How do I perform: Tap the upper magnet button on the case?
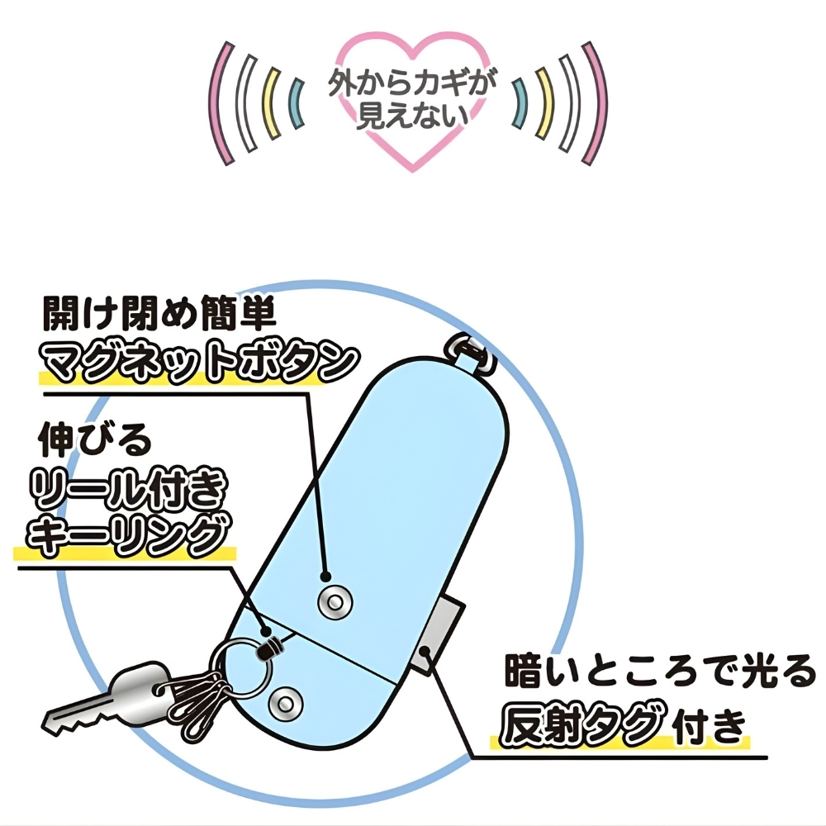click(x=335, y=601)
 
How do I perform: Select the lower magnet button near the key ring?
click(x=286, y=703)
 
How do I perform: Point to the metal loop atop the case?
click(x=472, y=350)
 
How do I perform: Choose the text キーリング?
click(x=129, y=534)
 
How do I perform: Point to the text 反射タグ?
click(x=580, y=725)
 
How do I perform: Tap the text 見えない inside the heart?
click(x=412, y=116)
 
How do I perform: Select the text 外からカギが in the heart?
click(x=412, y=83)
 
